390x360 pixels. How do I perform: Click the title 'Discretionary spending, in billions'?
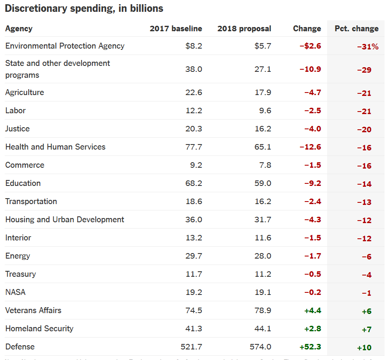pyautogui.click(x=84, y=8)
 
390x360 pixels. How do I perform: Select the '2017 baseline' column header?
pyautogui.click(x=176, y=29)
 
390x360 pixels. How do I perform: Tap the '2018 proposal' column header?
pyautogui.click(x=244, y=29)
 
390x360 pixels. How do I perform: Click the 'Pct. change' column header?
pyautogui.click(x=356, y=29)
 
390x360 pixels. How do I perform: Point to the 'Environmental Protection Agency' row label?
pyautogui.click(x=65, y=46)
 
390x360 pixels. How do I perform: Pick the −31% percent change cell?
pyautogui.click(x=368, y=47)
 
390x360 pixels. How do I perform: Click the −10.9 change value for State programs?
pyautogui.click(x=310, y=69)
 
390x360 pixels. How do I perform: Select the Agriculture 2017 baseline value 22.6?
pyautogui.click(x=194, y=92)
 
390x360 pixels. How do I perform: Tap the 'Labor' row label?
pyautogui.click(x=15, y=110)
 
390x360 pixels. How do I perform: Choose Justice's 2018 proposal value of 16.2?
pyautogui.click(x=263, y=128)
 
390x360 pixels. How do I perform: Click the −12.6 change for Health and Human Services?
pyautogui.click(x=310, y=147)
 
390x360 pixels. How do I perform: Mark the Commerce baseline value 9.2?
pyautogui.click(x=196, y=165)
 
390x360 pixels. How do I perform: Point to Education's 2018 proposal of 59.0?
pyautogui.click(x=263, y=183)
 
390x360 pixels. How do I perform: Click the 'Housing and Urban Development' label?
pyautogui.click(x=65, y=219)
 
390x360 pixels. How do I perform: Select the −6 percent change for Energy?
pyautogui.click(x=366, y=257)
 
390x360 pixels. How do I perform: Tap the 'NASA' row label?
pyautogui.click(x=15, y=292)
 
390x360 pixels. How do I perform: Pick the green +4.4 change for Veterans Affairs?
pyautogui.click(x=312, y=311)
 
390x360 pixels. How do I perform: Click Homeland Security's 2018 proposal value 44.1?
pyautogui.click(x=263, y=328)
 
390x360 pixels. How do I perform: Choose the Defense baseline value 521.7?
pyautogui.click(x=192, y=346)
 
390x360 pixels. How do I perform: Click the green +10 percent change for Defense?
pyautogui.click(x=364, y=348)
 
